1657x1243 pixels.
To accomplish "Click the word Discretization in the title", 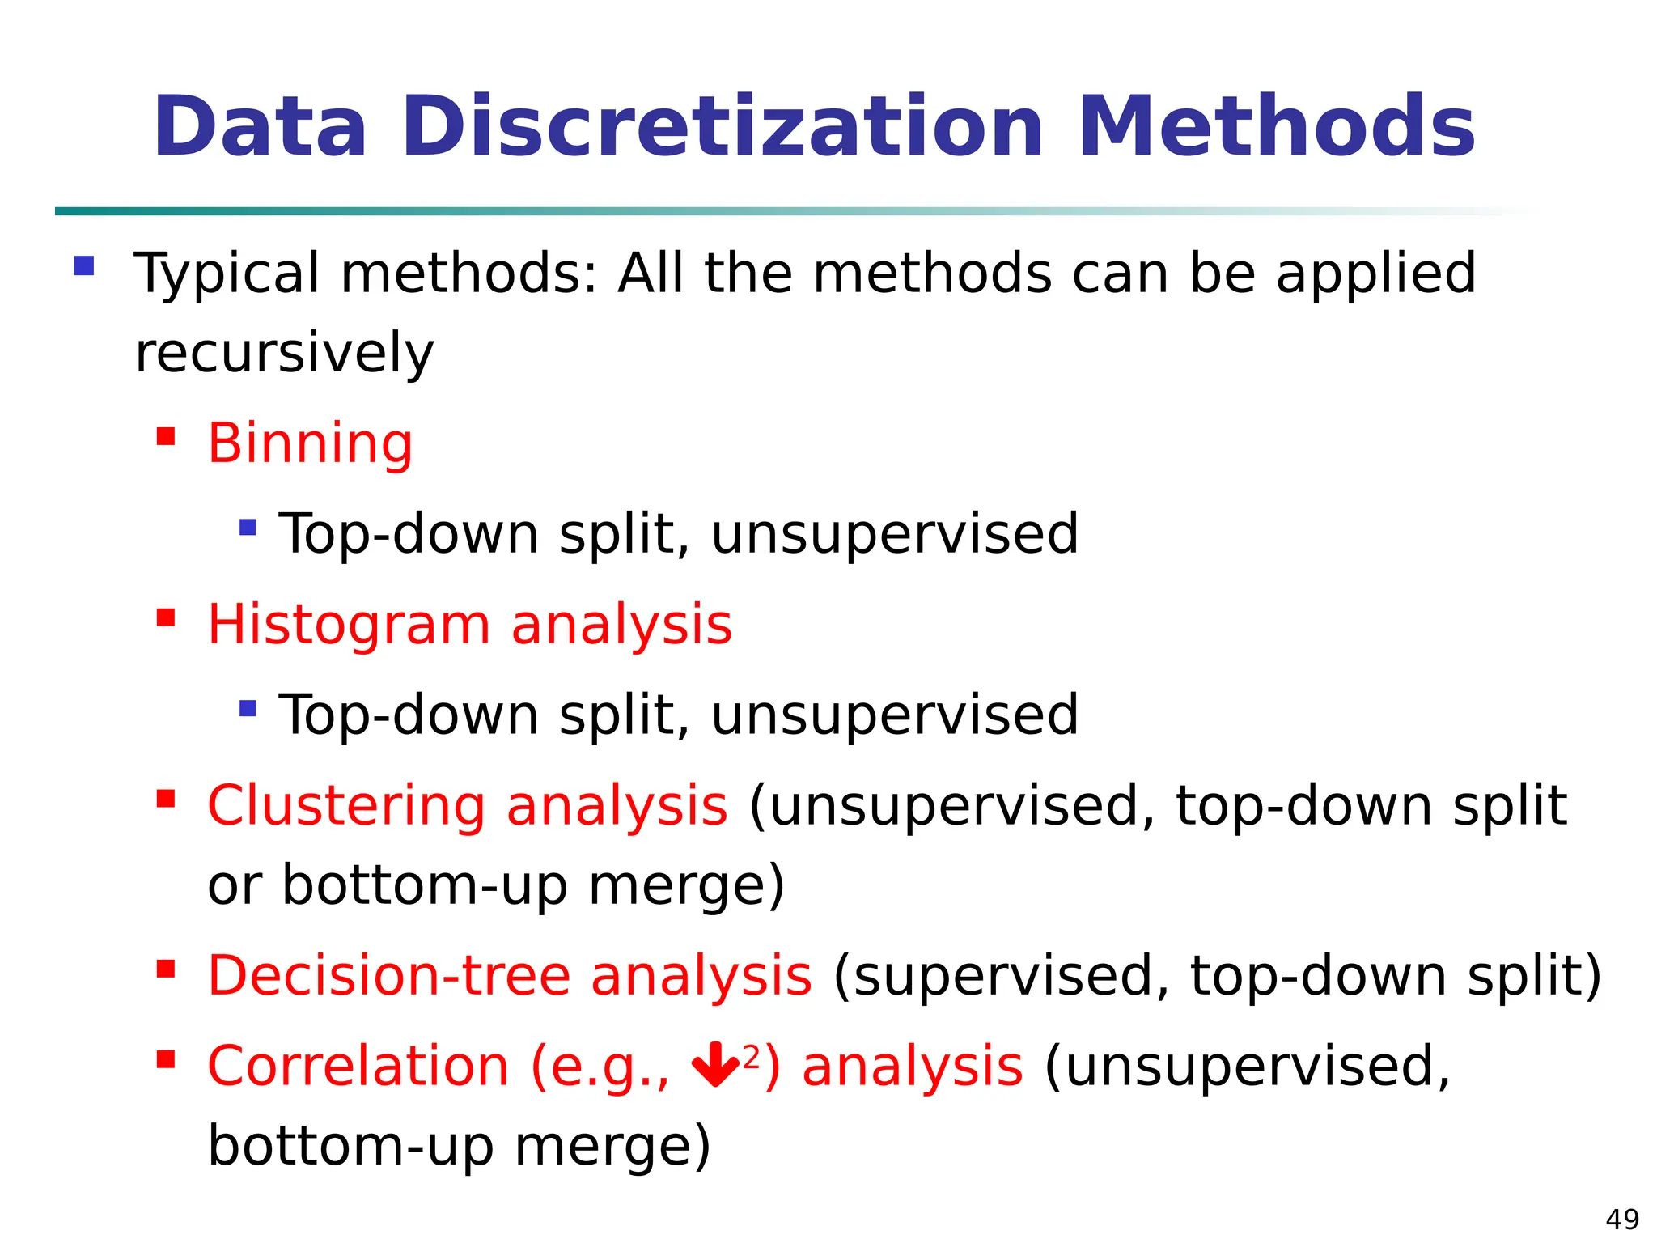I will pos(723,127).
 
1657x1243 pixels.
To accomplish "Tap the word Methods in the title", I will pos(1277,127).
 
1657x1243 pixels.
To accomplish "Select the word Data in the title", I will pos(261,127).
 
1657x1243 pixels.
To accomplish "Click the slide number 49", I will pos(1621,1219).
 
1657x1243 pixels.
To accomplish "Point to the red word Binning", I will pos(310,443).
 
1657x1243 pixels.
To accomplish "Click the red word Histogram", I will pos(349,626).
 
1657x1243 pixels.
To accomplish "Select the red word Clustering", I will pos(346,806).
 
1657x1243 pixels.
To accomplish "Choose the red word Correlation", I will pos(358,1066).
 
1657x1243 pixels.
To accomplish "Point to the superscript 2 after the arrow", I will pos(752,1056).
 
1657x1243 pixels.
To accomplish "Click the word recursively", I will pos(284,354).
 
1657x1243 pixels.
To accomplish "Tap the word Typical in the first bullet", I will pos(227,274).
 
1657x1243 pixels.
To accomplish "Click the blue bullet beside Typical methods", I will pos(84,266).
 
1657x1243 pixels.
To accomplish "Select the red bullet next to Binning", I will pos(166,437).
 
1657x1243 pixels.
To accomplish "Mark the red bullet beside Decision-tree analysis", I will pos(166,969).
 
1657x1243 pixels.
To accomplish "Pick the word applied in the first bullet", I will pos(1376,274).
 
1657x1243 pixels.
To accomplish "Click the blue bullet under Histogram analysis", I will pos(248,709).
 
